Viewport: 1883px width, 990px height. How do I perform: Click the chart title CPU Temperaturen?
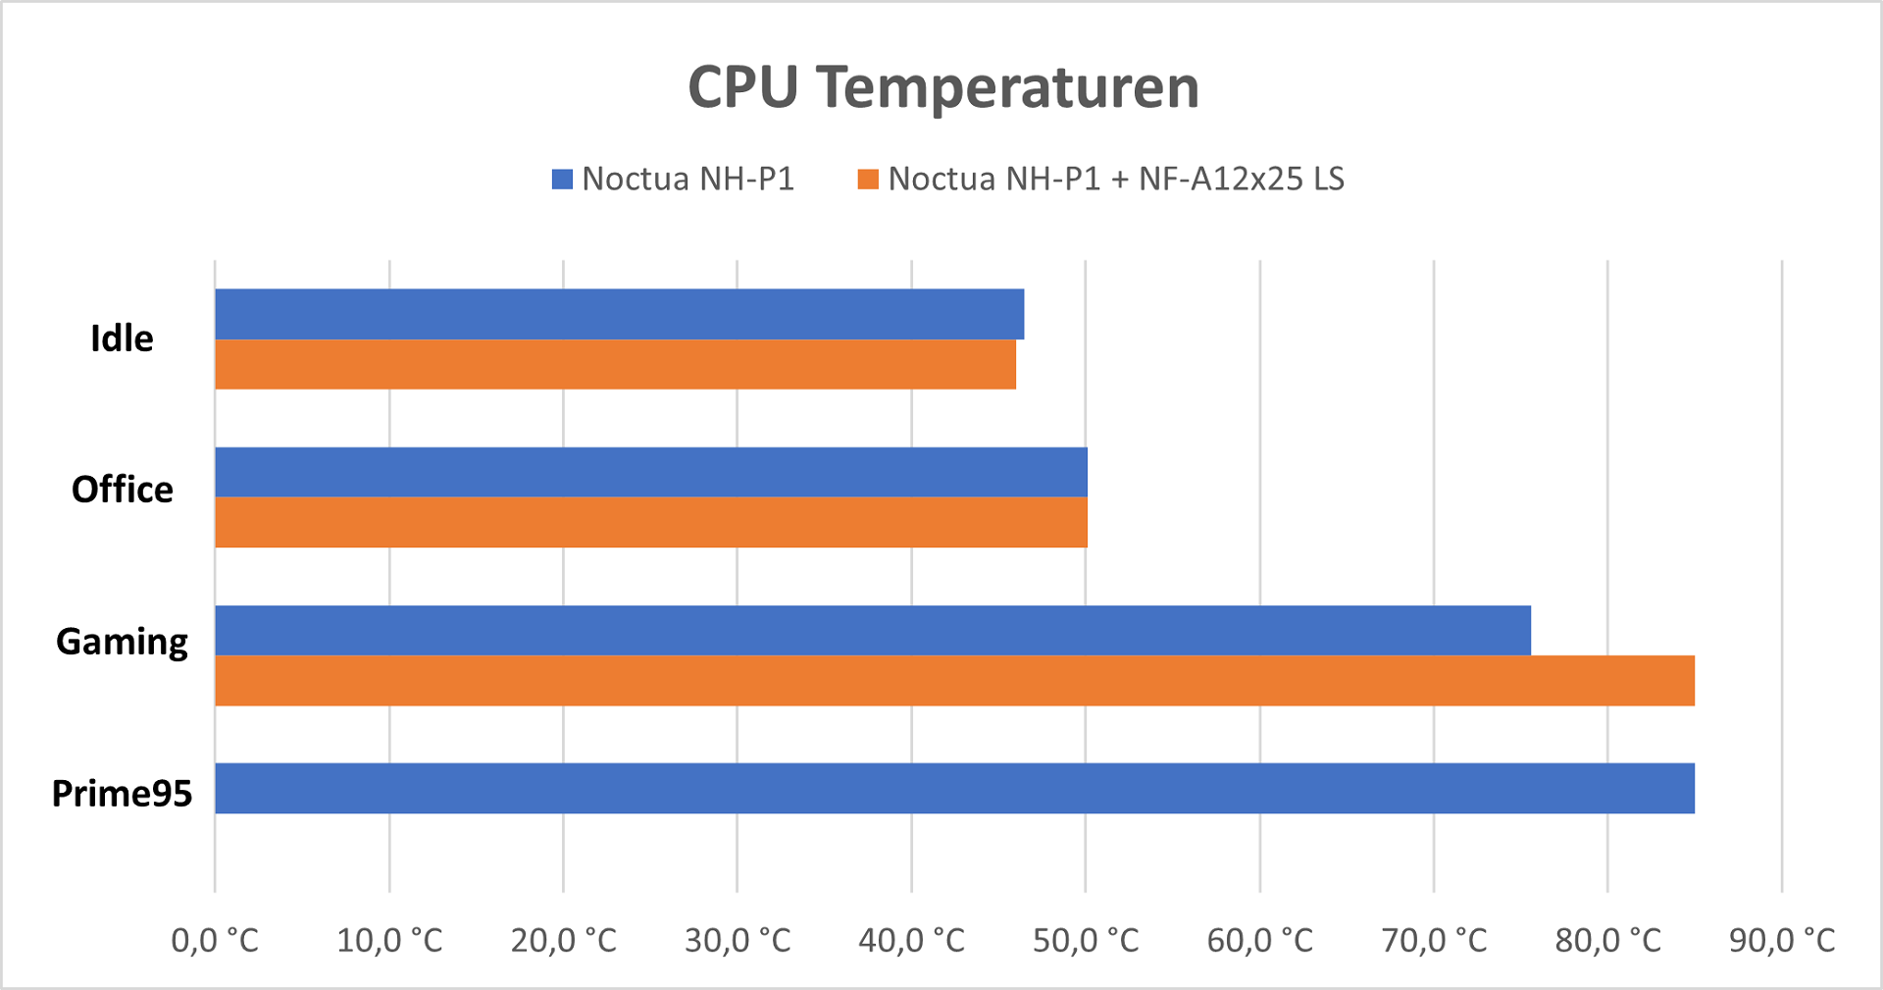click(943, 87)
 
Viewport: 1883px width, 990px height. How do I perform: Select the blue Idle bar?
click(619, 314)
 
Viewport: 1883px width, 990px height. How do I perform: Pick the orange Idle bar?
click(615, 364)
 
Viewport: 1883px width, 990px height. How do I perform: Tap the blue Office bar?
click(650, 472)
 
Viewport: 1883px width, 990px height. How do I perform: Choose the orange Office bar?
click(650, 522)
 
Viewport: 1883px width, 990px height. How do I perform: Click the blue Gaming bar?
click(872, 630)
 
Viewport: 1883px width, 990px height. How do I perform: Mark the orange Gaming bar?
click(954, 680)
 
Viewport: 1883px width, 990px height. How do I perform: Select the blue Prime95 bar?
click(954, 788)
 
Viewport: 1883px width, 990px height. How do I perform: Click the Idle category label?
click(122, 339)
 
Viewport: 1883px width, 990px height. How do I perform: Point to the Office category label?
click(122, 490)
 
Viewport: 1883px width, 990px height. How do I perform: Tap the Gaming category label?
click(122, 642)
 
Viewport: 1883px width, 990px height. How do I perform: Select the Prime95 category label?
click(122, 793)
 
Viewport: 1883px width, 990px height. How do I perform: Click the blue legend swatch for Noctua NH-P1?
click(562, 180)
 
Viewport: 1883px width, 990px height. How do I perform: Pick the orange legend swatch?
click(868, 180)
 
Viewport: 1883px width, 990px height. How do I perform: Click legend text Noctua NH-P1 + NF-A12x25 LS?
click(1116, 179)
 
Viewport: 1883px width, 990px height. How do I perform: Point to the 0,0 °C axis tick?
click(215, 940)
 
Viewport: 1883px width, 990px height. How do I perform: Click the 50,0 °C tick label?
click(1086, 940)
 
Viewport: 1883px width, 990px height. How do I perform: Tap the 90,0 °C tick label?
click(1782, 940)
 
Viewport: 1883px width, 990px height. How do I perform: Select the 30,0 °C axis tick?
click(738, 940)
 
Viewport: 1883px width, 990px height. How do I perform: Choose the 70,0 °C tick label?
click(1434, 940)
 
